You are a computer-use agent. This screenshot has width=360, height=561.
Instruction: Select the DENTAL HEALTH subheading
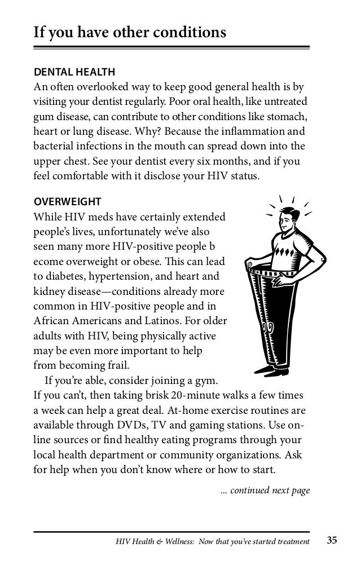[74, 72]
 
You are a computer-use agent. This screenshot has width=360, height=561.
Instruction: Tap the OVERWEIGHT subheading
[68, 201]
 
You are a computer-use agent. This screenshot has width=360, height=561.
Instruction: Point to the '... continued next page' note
[265, 491]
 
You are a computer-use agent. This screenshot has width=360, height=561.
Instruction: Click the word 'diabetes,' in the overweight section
[67, 277]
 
